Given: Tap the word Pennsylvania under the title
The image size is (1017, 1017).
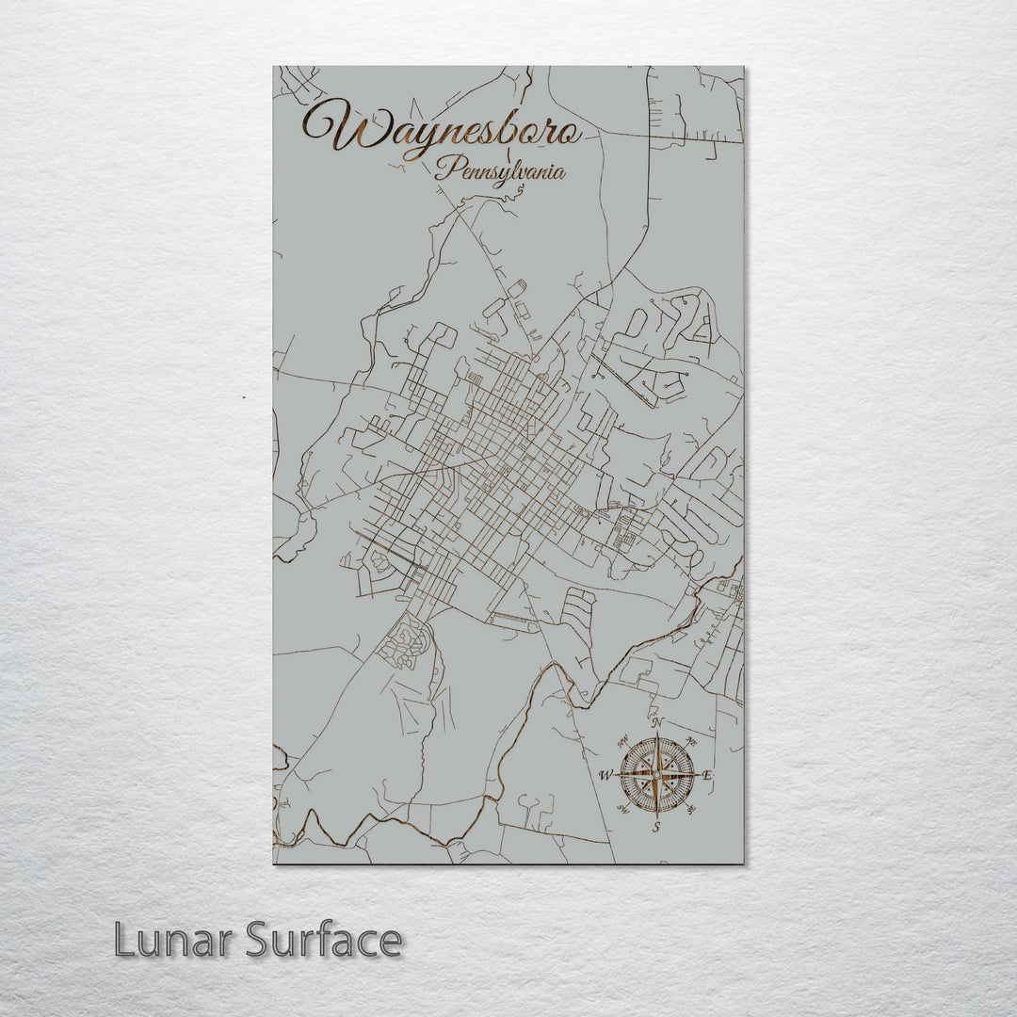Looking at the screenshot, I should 500,171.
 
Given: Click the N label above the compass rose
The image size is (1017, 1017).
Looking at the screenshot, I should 657,723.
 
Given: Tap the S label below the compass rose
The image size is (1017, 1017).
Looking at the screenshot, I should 657,828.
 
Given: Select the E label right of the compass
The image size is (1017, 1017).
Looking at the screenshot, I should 708,775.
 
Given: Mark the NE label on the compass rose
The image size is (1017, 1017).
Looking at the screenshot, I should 693,740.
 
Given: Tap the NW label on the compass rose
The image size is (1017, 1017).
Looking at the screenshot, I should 621,741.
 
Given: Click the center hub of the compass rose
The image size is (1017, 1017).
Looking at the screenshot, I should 657,775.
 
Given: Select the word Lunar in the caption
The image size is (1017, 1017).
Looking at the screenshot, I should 175,940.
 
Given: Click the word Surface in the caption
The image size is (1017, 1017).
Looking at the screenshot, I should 324,940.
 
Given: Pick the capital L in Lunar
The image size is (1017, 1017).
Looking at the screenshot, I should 124,940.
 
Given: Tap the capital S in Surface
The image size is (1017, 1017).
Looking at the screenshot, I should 259,940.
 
